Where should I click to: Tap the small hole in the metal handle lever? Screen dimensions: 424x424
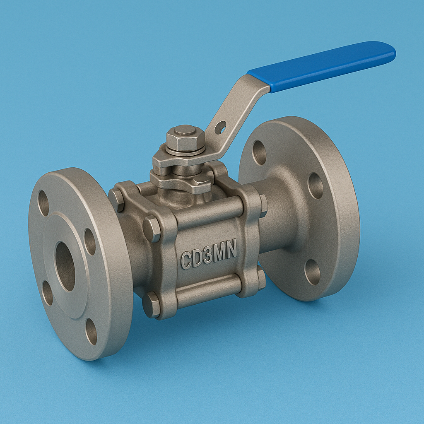(x=220, y=127)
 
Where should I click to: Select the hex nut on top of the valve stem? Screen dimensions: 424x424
(x=185, y=138)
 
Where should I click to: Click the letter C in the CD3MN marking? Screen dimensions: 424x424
(x=186, y=260)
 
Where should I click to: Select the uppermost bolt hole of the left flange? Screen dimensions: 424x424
(x=43, y=203)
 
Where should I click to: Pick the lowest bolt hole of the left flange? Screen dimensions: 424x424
(x=91, y=331)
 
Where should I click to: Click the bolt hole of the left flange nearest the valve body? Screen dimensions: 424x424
(x=90, y=241)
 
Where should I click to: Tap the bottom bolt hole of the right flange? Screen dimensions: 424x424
(x=312, y=272)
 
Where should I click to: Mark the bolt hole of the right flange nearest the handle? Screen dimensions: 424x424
(x=259, y=152)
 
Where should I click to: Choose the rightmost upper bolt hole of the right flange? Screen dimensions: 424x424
(x=316, y=185)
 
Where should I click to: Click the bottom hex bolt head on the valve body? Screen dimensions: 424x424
(x=151, y=305)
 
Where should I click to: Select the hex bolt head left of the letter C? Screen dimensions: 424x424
(x=152, y=229)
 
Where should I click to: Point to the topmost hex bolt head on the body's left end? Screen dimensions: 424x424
(x=116, y=200)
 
